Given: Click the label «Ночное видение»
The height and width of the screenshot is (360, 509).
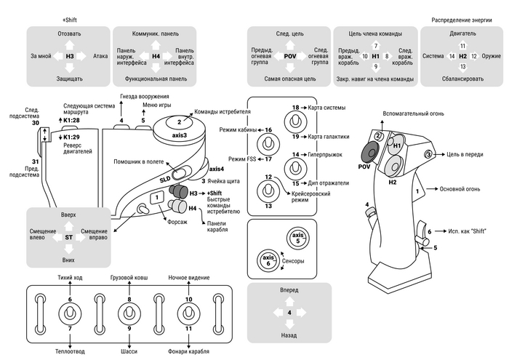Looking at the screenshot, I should point(189,279).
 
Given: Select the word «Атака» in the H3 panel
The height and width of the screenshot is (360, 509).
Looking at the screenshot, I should point(100,55).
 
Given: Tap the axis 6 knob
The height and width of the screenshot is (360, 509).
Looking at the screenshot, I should point(266,260).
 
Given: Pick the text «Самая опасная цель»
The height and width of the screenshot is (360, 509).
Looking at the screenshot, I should point(289,78).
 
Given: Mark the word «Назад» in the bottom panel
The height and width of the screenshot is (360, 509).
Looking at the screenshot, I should point(289,337).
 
